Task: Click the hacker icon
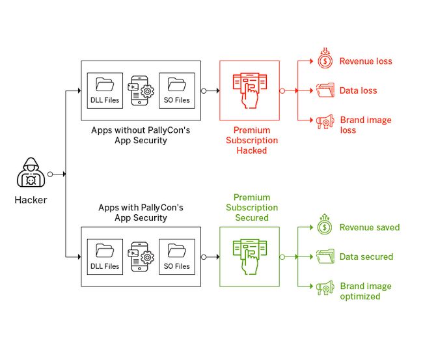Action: coord(31,174)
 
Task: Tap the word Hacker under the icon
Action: coord(31,200)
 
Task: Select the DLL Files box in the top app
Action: coord(105,90)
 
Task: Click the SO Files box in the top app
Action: coord(177,90)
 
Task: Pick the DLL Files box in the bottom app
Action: coord(105,256)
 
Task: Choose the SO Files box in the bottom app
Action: coord(177,256)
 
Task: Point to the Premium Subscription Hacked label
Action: coord(251,140)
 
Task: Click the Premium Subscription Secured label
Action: coord(251,208)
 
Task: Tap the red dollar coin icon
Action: coord(325,60)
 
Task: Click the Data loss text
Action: coord(358,90)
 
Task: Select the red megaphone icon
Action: coord(325,121)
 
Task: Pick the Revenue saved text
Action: coord(369,227)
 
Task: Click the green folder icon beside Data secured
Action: coord(325,256)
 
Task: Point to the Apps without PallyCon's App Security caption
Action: coord(141,135)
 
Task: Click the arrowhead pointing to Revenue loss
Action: coord(311,61)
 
